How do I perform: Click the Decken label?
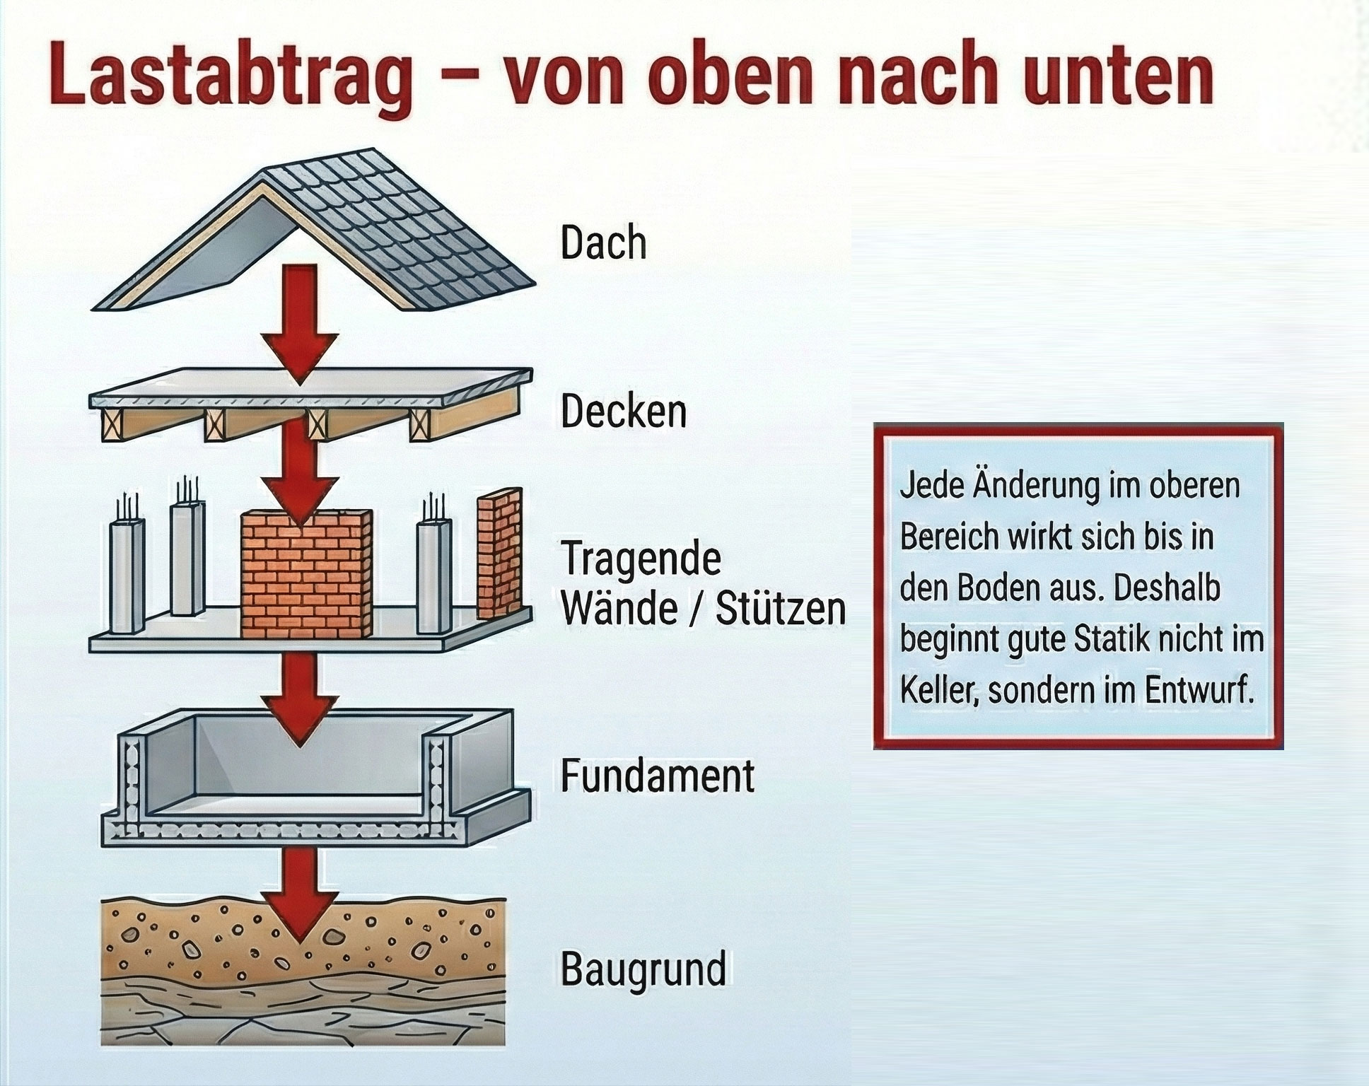(x=623, y=411)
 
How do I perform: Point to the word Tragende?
(x=641, y=559)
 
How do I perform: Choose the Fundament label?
(x=657, y=776)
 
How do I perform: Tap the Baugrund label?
(x=643, y=968)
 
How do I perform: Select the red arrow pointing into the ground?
(x=300, y=898)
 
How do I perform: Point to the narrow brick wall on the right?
(x=499, y=551)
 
